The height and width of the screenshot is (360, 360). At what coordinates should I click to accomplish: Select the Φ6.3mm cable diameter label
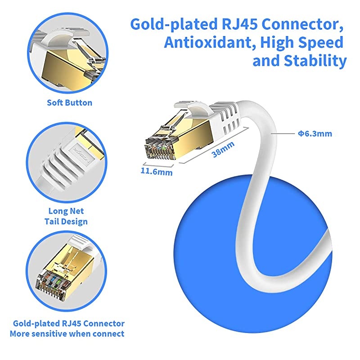(x=315, y=133)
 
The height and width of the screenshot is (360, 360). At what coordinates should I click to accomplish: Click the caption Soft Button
(x=70, y=103)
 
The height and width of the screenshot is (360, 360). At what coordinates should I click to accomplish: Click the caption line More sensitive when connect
(x=67, y=334)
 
